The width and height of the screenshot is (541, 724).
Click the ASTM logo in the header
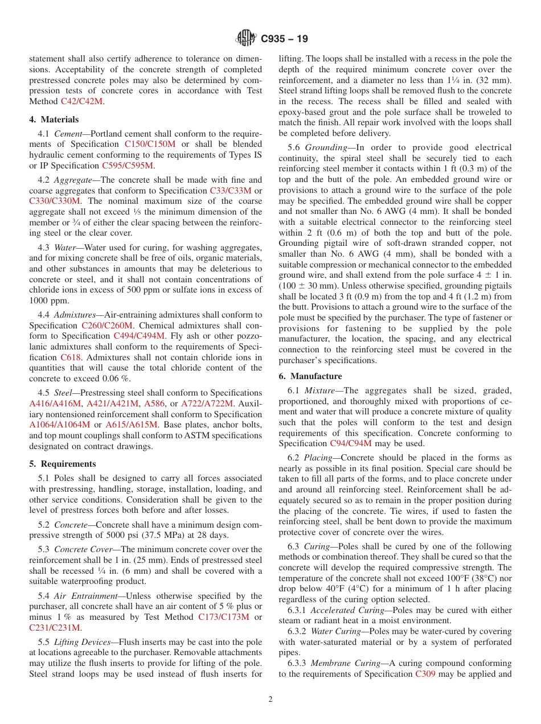click(x=246, y=39)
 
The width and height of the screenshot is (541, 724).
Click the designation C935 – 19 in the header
click(x=284, y=39)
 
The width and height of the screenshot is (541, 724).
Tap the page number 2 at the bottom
click(x=270, y=700)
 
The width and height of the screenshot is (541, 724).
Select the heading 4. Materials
click(x=54, y=120)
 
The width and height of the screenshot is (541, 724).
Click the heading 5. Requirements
click(x=63, y=464)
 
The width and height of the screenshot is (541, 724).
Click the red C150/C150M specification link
click(x=150, y=145)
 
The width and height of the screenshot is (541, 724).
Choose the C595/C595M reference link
click(x=128, y=166)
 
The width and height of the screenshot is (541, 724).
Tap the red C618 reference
click(x=71, y=357)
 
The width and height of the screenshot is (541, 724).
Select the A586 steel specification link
click(x=154, y=404)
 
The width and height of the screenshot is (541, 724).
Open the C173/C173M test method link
click(x=223, y=618)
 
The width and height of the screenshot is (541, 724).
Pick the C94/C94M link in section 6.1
click(x=353, y=443)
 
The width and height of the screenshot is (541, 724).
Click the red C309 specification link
click(x=425, y=674)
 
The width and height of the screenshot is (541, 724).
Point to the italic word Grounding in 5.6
click(x=323, y=147)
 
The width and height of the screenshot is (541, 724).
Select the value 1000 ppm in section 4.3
click(x=48, y=301)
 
